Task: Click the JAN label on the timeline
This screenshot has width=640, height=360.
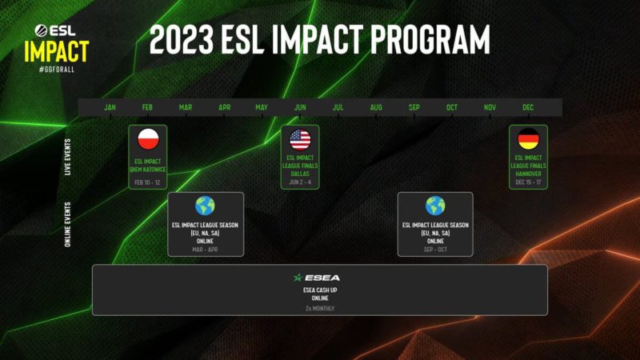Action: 110,107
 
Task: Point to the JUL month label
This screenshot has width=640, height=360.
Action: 338,107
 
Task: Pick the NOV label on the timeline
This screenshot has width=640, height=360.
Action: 490,107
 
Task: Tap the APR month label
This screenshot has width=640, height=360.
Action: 225,107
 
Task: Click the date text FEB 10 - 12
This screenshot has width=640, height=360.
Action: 148,182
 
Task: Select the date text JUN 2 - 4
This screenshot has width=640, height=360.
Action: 300,182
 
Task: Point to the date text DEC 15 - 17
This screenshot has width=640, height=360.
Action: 528,182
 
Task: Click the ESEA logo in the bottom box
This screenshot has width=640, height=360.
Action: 321,277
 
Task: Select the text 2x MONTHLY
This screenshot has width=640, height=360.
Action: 320,308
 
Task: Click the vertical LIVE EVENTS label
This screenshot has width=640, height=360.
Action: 68,156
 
